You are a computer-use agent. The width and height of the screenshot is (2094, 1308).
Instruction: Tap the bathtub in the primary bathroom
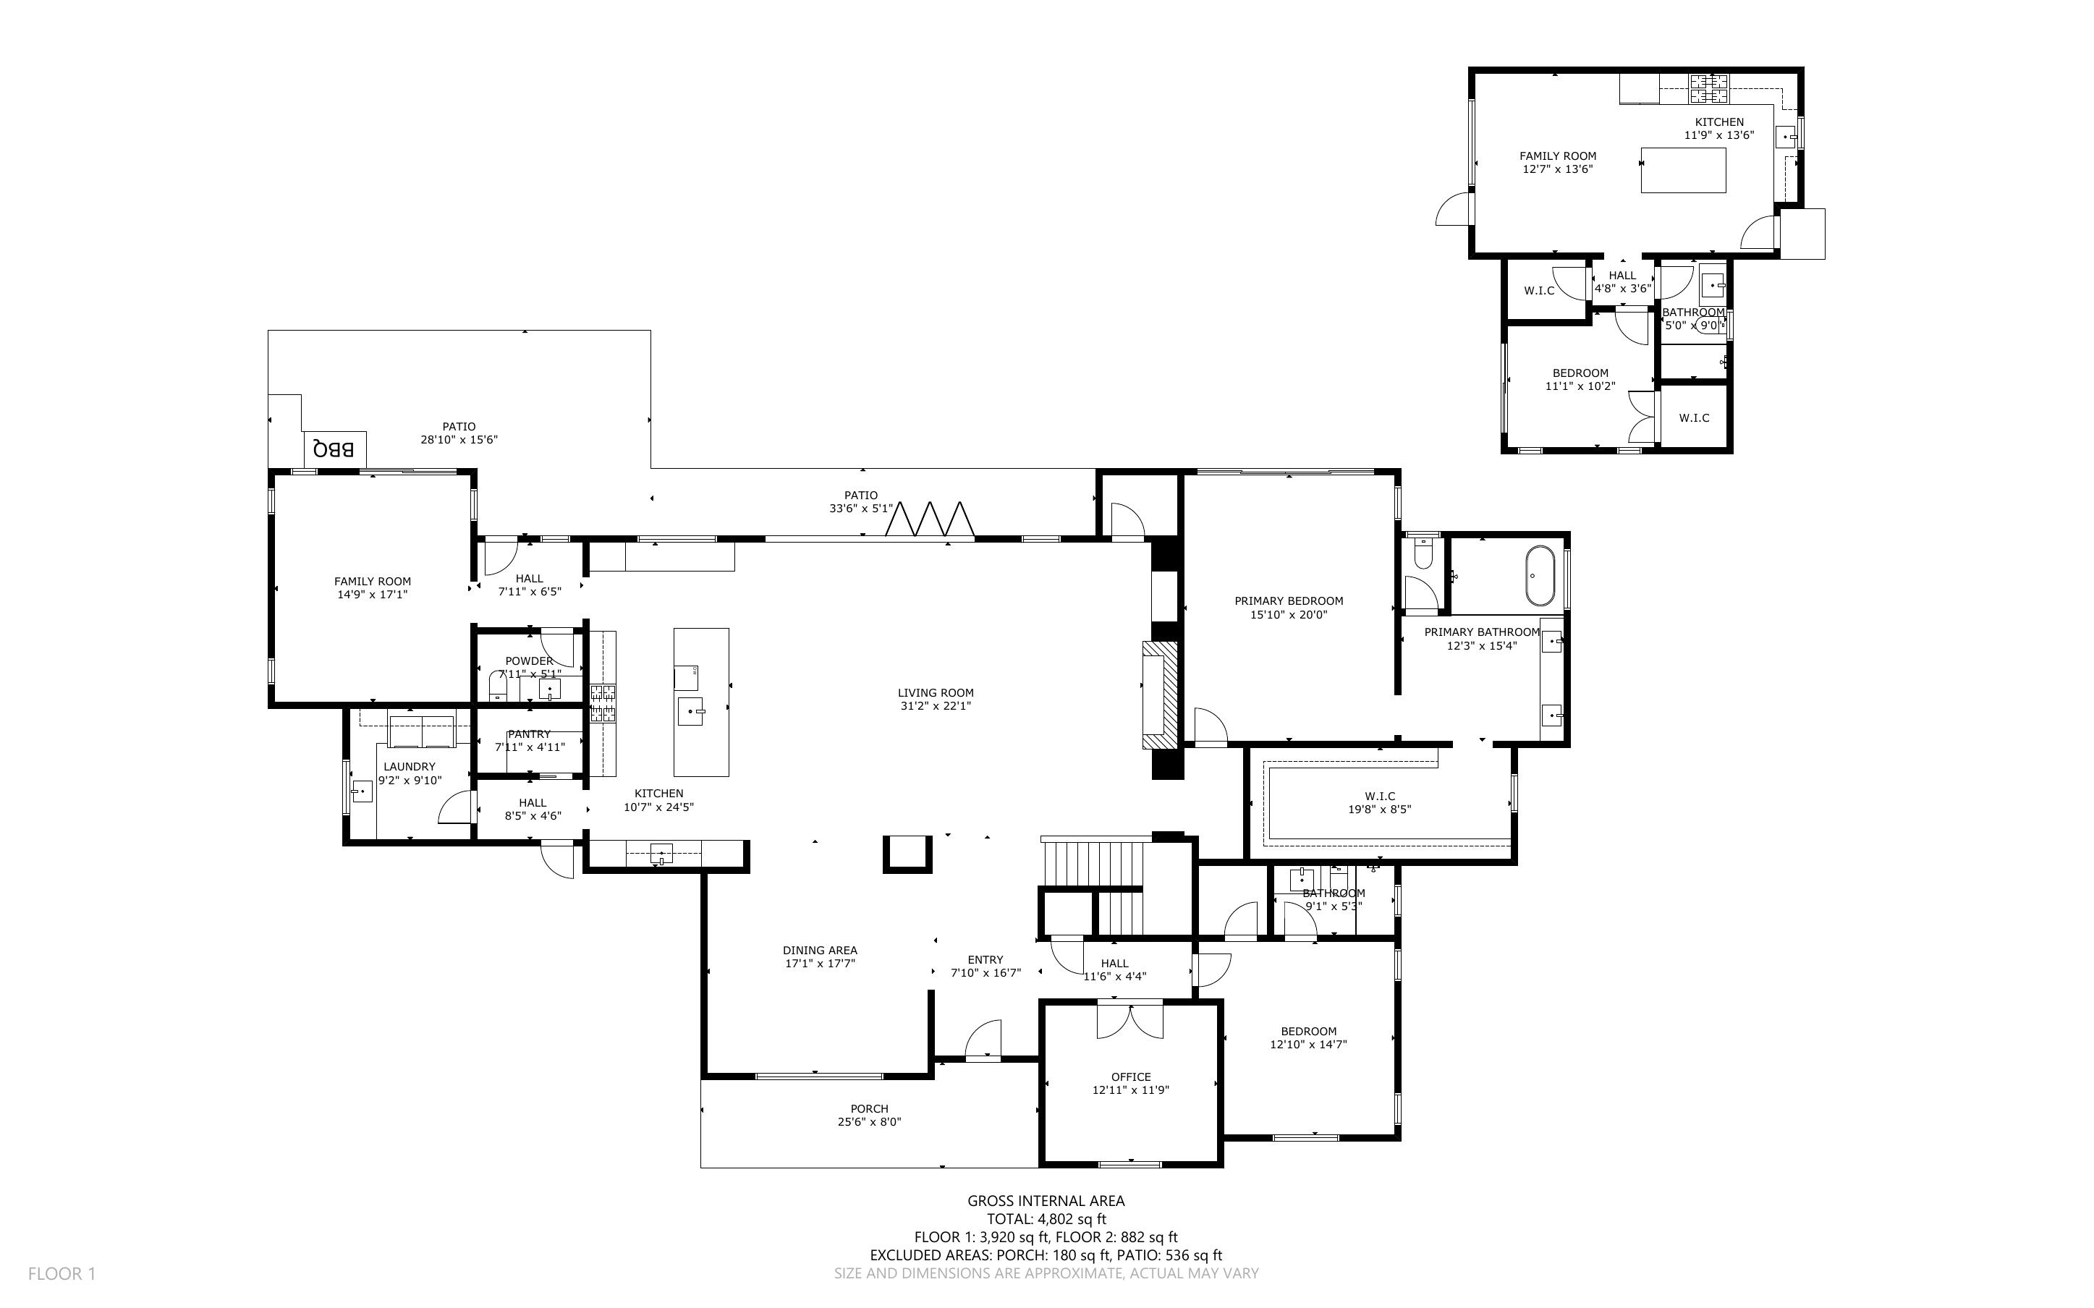1539,575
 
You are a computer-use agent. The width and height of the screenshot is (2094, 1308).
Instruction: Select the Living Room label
935,693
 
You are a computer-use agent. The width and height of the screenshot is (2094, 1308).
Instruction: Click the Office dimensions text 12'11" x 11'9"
1130,1090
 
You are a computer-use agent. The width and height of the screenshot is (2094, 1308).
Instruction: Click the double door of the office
1130,1021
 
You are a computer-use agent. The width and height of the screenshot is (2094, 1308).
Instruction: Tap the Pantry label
530,734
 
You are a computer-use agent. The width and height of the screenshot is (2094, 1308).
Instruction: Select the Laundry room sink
362,791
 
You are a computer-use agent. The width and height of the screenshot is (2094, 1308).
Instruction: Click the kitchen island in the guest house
1683,169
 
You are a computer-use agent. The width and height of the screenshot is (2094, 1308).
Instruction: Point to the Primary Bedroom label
1288,601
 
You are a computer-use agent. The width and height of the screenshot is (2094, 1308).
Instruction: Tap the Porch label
869,1108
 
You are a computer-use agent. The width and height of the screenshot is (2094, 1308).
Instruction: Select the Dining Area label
820,950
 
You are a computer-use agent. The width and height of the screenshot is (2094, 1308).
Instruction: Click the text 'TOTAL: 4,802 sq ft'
1046,1219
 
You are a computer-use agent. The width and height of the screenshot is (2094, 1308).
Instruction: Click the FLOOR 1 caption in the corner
62,1273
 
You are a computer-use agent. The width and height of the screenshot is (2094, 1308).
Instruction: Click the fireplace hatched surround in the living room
1161,695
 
